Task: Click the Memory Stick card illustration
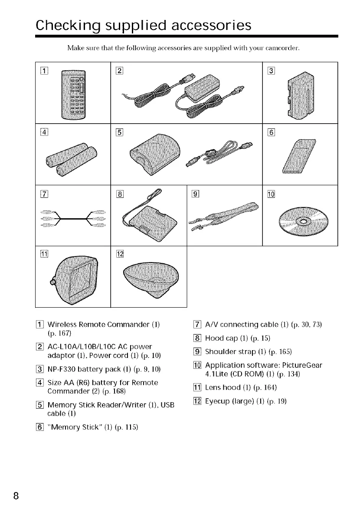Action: point(299,157)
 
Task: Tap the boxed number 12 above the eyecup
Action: point(121,254)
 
